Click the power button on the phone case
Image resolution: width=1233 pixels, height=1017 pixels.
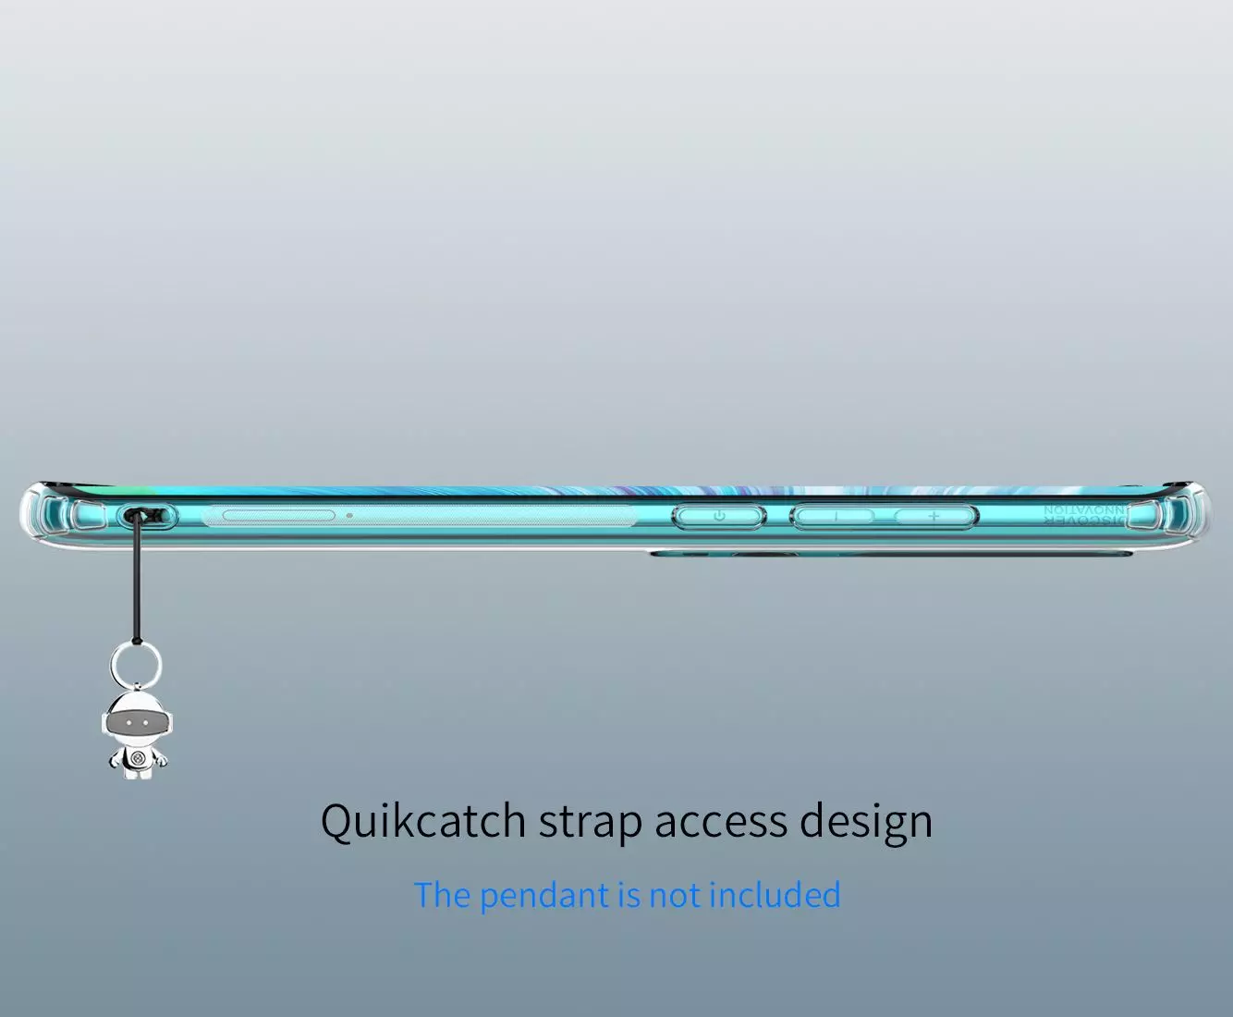pos(719,516)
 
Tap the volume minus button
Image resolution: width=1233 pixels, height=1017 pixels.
pos(835,516)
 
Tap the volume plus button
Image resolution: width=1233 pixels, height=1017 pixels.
pos(934,516)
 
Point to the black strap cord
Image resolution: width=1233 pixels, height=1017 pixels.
pos(137,582)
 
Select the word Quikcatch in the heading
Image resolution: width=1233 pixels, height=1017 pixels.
pos(423,821)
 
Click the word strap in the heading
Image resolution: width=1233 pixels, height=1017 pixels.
pos(590,821)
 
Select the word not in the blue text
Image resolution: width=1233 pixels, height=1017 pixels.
pos(674,895)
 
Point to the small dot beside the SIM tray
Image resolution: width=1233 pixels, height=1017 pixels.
pos(349,515)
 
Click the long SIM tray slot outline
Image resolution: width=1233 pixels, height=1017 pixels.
pos(278,515)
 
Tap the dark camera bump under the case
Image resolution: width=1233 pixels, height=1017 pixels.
pos(887,555)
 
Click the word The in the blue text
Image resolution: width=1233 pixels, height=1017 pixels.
pos(443,895)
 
